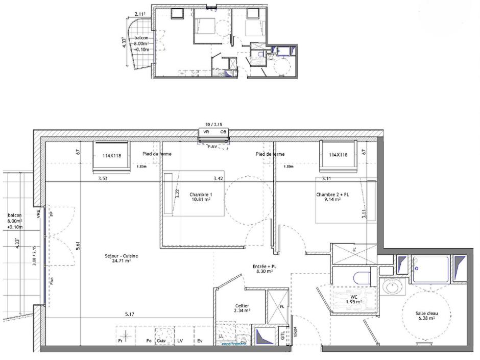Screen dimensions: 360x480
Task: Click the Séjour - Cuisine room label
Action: click(x=122, y=256)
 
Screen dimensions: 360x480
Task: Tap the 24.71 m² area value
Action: click(x=122, y=261)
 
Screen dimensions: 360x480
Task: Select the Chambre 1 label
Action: click(x=200, y=195)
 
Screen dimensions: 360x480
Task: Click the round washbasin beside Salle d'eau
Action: click(x=393, y=287)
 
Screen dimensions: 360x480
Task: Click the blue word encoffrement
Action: click(x=234, y=344)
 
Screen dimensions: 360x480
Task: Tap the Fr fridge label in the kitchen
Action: click(x=121, y=341)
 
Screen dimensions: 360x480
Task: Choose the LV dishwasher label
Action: click(x=180, y=341)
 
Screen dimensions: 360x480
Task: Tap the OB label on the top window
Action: click(x=223, y=132)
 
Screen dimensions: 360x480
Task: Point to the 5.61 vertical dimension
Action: click(x=78, y=246)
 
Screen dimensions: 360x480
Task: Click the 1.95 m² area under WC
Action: click(x=354, y=302)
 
